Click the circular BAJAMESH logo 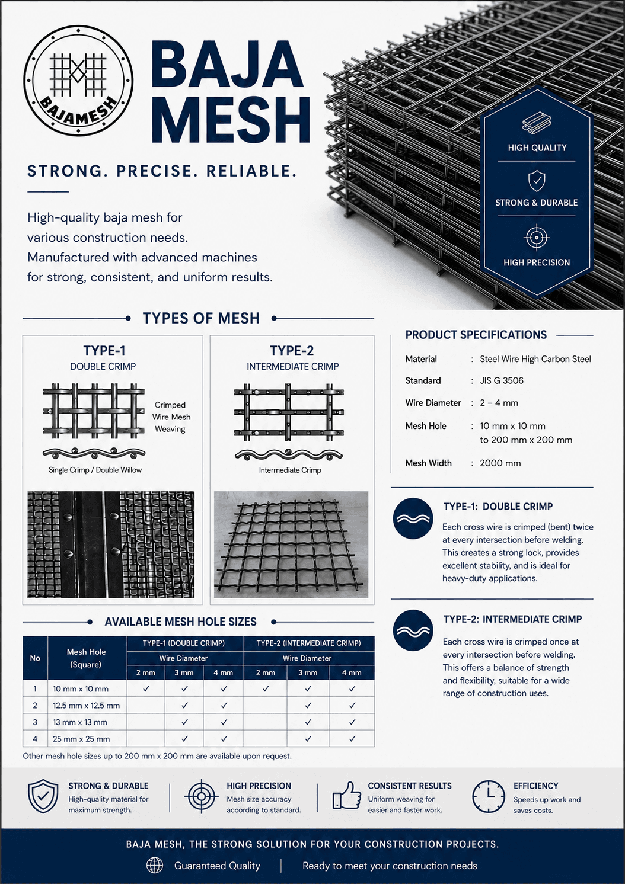[x=78, y=81]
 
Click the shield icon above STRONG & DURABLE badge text [x=537, y=181]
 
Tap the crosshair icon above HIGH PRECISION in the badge [x=537, y=238]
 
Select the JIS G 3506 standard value [x=501, y=380]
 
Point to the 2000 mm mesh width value [x=500, y=463]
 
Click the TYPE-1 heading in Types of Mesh [x=104, y=350]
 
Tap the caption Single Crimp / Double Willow [x=95, y=470]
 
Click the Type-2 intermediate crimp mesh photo [x=291, y=545]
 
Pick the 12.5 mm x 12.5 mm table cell [x=86, y=705]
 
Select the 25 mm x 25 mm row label [x=81, y=739]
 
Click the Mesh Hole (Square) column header [x=86, y=658]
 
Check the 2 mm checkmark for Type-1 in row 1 [x=146, y=688]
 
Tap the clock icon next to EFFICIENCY [x=489, y=796]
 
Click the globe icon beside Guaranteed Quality [x=155, y=866]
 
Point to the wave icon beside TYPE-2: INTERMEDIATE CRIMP [x=413, y=630]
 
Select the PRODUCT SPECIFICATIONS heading [x=476, y=335]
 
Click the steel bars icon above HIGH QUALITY [x=537, y=123]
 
